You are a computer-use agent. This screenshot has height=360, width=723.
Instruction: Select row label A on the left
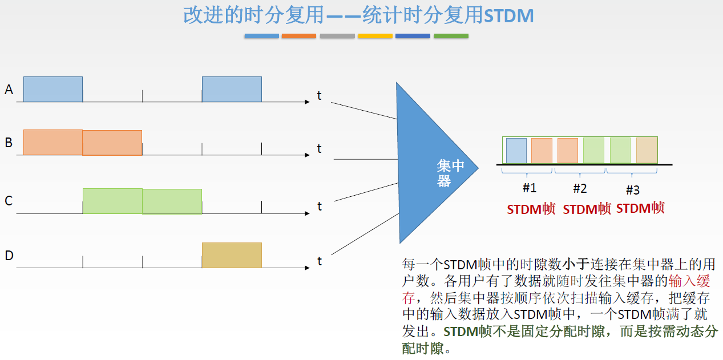click(x=9, y=90)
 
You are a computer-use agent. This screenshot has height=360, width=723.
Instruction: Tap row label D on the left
click(x=9, y=256)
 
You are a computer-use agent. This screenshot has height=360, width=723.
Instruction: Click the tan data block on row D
click(x=232, y=255)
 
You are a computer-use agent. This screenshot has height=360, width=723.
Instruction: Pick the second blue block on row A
click(x=232, y=89)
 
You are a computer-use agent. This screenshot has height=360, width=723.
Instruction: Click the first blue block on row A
click(x=52, y=89)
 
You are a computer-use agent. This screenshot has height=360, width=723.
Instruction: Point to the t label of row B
click(x=320, y=149)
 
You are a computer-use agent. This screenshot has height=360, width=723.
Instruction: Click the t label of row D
click(x=320, y=261)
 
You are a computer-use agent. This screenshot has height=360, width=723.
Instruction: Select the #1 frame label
click(x=529, y=188)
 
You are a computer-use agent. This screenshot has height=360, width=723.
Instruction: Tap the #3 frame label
click(x=633, y=190)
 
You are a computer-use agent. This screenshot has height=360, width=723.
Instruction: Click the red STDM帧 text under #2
click(x=587, y=209)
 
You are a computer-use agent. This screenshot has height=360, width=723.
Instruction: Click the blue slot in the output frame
click(x=516, y=150)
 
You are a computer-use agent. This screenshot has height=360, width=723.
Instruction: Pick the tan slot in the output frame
click(x=647, y=150)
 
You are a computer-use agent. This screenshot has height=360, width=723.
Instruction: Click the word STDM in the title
click(x=508, y=16)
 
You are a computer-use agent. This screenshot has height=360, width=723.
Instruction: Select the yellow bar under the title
click(x=375, y=36)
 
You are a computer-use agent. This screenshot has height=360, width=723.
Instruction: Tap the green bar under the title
click(x=451, y=36)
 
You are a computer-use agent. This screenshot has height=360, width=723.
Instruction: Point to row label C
click(x=9, y=201)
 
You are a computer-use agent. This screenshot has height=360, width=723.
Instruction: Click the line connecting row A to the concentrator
click(x=363, y=111)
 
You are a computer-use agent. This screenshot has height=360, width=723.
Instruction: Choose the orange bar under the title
click(x=298, y=36)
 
